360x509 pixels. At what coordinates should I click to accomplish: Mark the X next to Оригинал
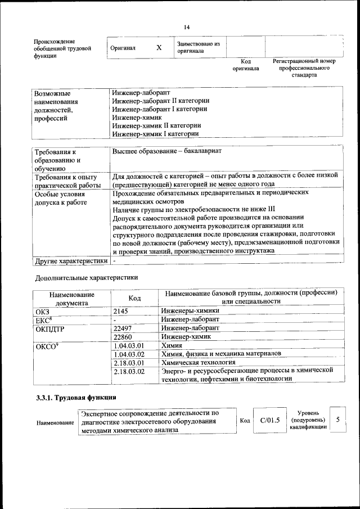159,48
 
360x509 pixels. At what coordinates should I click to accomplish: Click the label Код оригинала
246,65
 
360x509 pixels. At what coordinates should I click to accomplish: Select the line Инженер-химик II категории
156,126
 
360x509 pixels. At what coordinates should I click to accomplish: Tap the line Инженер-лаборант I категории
159,109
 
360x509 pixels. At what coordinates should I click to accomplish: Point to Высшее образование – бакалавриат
166,152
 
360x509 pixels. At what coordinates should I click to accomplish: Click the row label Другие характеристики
71,261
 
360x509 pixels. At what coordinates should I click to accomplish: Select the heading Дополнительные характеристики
86,277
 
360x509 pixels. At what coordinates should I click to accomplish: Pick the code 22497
123,328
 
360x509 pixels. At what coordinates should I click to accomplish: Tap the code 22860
123,336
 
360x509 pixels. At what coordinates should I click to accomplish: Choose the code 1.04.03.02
129,354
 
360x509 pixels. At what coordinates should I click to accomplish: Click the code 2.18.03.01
129,363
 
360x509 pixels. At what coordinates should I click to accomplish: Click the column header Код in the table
134,298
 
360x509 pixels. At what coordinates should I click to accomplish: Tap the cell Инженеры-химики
190,310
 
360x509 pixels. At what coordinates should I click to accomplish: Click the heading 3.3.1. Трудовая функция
76,398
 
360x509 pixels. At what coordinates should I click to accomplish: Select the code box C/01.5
266,420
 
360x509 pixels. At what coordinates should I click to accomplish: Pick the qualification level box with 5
337,420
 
